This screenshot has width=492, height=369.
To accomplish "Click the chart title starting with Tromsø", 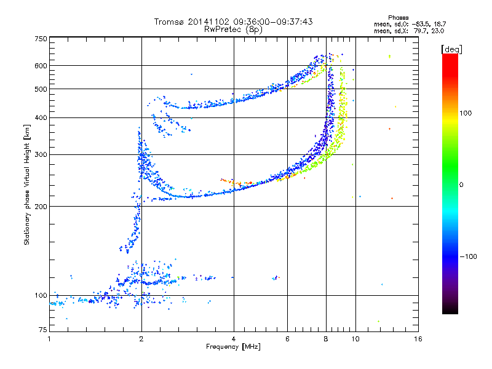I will [233, 22].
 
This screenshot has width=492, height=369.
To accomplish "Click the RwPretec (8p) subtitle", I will [233, 29].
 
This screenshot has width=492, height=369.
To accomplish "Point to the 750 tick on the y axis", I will [41, 39].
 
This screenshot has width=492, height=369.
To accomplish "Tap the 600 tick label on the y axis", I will [41, 66].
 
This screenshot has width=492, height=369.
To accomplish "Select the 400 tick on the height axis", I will [41, 118].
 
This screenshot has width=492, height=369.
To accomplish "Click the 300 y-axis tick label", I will [41, 155].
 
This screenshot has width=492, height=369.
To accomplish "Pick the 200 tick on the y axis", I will [41, 207].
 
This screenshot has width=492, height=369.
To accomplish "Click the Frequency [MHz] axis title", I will [233, 347].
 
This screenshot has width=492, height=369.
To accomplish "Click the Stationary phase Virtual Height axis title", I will [27, 185].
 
